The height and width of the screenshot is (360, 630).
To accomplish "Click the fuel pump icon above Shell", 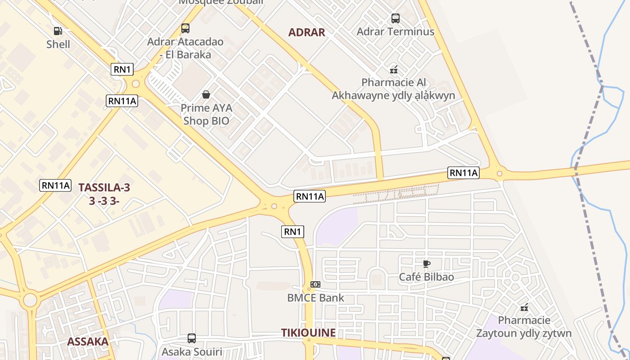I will [x=58, y=31].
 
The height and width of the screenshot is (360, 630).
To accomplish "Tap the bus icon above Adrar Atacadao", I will [x=185, y=28].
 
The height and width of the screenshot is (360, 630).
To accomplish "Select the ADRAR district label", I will [x=306, y=32].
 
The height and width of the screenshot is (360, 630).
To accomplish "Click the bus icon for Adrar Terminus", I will [x=395, y=18].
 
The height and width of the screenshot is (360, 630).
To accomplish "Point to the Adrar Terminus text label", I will [x=395, y=31].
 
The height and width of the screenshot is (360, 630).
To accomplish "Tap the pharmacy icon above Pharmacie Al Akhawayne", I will [x=394, y=70].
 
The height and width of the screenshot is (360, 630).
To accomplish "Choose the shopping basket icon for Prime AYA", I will [x=206, y=94].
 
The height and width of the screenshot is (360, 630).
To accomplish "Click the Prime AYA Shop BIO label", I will [x=206, y=114].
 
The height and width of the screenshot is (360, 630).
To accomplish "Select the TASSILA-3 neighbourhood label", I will [x=104, y=188].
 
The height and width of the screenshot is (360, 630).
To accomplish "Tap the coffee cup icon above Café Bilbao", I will [x=427, y=264].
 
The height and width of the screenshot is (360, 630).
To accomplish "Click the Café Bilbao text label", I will [x=426, y=277].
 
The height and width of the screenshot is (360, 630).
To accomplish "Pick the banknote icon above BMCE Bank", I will [x=315, y=284].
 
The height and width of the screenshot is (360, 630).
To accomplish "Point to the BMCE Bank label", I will [x=315, y=297].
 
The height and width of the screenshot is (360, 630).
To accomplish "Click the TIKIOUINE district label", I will [x=308, y=333].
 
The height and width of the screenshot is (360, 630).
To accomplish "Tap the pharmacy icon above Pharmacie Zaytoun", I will [x=524, y=308].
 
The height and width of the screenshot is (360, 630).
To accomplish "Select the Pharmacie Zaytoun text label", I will [x=524, y=327].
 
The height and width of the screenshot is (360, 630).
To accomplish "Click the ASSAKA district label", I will [x=88, y=342].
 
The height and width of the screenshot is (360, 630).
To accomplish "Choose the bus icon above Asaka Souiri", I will [x=192, y=338].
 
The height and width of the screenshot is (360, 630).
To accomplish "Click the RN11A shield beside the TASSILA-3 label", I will [x=56, y=185].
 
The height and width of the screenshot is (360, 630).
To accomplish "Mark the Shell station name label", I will [x=58, y=44].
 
